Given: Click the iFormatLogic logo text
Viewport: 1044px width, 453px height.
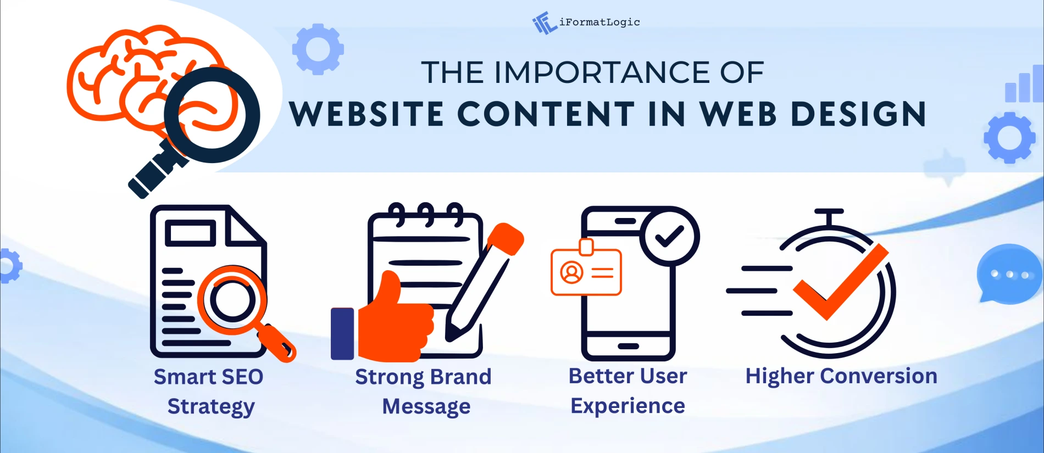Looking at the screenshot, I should tap(599, 23).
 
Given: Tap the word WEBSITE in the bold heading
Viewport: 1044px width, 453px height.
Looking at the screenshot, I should tap(366, 114).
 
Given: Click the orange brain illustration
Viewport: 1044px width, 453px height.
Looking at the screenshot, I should tap(132, 71).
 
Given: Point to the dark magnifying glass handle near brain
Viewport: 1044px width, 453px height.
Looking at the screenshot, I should tap(157, 170).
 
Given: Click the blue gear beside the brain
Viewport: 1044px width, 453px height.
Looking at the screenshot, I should tap(318, 49).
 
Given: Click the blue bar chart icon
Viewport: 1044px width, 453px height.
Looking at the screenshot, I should tap(1023, 85).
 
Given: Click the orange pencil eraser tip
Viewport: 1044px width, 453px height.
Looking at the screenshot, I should tap(506, 236).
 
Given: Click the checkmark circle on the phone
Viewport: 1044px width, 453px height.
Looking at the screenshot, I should tap(669, 237).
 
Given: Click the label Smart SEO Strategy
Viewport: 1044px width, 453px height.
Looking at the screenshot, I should tap(209, 392).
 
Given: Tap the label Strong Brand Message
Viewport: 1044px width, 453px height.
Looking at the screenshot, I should tap(424, 392).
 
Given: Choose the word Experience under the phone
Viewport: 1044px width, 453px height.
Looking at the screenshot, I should tap(627, 406).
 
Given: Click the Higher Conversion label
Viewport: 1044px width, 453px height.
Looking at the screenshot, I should tap(841, 377).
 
